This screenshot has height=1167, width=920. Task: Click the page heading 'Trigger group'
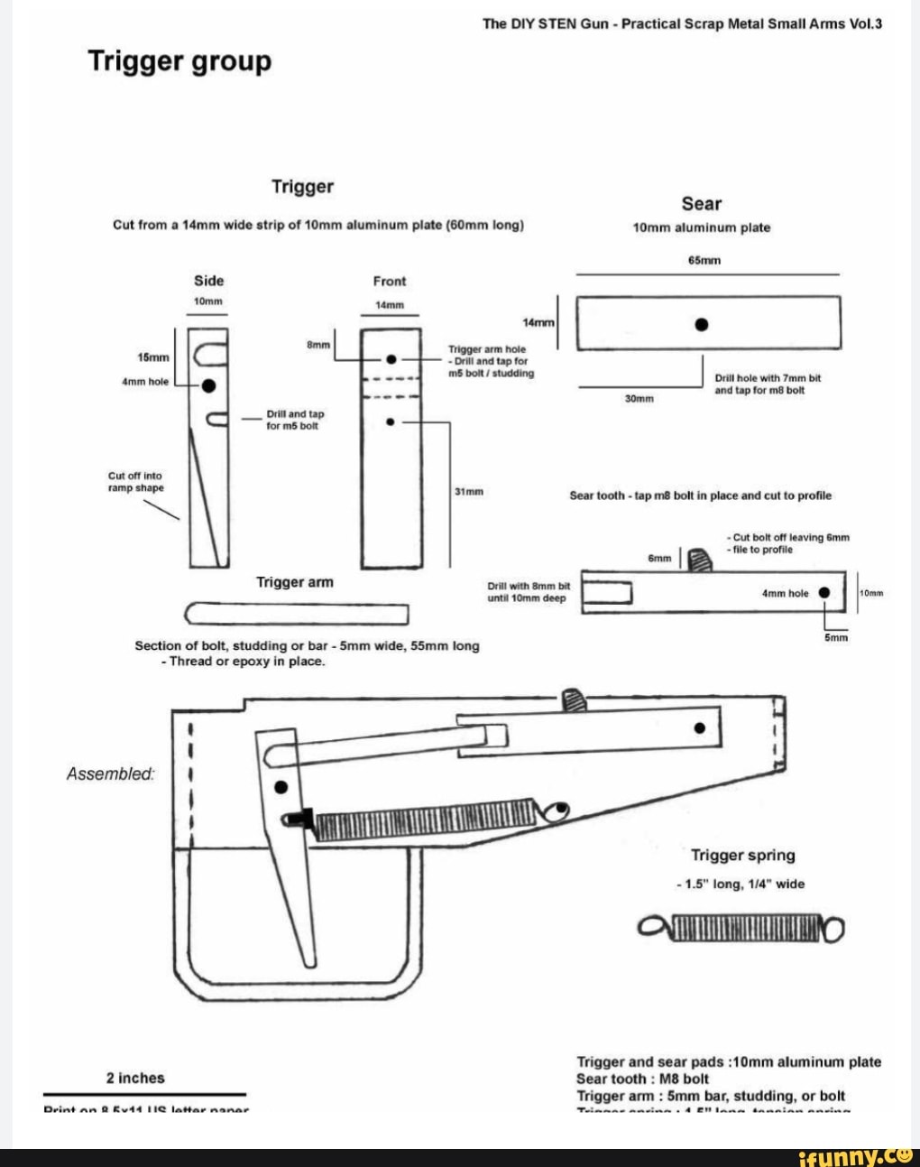pos(179,62)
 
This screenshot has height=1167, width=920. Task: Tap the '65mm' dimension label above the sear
pos(704,260)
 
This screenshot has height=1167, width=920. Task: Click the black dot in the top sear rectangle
pos(701,324)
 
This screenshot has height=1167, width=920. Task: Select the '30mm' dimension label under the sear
pos(639,398)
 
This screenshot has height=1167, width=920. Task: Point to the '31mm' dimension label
pos(469,492)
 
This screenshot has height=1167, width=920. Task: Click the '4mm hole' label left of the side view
pos(145,382)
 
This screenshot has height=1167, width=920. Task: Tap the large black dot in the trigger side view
pos(208,385)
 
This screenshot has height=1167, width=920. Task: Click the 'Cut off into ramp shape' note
pos(135,482)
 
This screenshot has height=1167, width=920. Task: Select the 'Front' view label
pos(390,281)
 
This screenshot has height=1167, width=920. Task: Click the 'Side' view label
pos(208,281)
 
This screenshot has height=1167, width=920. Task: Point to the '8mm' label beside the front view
pos(317,344)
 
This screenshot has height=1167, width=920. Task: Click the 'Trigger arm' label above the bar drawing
pos(295,582)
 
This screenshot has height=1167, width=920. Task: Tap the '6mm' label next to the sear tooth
pos(659,559)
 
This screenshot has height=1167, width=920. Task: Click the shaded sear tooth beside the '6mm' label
pos(698,560)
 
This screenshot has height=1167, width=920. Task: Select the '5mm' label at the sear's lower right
pos(836,637)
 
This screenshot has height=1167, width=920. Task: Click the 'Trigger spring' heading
pos(742,855)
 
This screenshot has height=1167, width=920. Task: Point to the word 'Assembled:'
pos(110,773)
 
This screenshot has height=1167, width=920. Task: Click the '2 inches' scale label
pos(135,1078)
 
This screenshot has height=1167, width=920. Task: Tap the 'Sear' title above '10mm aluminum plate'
pos(701,204)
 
